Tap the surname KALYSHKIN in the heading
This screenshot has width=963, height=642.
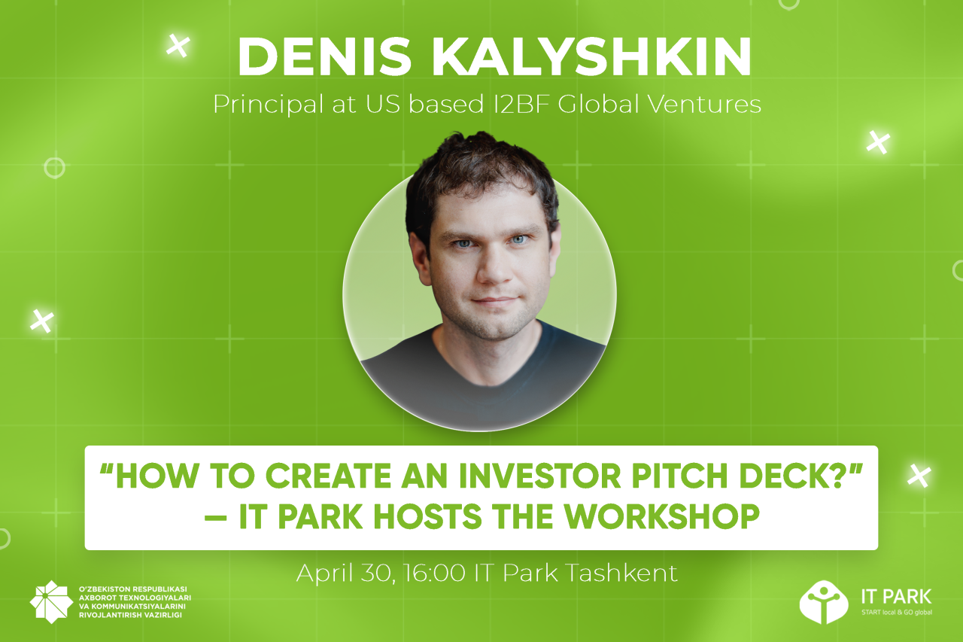(x=591, y=57)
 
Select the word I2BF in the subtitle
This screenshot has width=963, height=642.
(x=521, y=105)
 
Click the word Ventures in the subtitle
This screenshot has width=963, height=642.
(x=705, y=105)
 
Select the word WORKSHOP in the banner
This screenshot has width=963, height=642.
(x=661, y=516)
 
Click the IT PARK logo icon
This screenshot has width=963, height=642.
(x=824, y=602)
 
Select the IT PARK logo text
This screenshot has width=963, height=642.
(x=896, y=597)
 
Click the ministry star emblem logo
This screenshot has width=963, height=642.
(x=51, y=602)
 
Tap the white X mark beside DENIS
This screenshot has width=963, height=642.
(x=178, y=45)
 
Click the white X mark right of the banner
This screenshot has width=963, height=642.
(x=919, y=476)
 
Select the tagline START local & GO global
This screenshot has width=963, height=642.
(x=896, y=613)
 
